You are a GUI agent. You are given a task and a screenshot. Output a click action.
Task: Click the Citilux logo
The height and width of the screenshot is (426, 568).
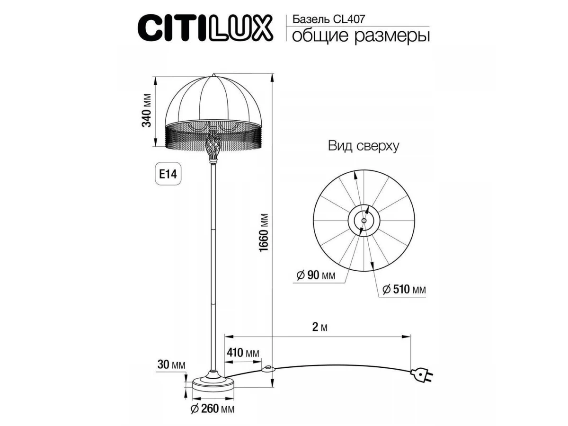tap(205, 28)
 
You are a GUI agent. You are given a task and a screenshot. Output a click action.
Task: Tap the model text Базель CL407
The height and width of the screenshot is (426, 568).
tap(328, 19)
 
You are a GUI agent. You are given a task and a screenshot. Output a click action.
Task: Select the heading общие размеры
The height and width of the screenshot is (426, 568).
tap(361, 36)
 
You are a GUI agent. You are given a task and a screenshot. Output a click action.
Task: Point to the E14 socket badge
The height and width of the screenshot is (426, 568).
tap(168, 174)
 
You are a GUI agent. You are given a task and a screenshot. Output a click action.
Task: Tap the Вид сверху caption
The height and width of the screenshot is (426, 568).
tap(364, 146)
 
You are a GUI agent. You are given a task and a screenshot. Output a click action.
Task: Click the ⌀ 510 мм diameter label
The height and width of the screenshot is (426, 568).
tap(404, 290)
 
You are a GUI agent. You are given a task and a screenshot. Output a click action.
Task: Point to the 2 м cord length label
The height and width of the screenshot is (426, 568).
tap(320, 327)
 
